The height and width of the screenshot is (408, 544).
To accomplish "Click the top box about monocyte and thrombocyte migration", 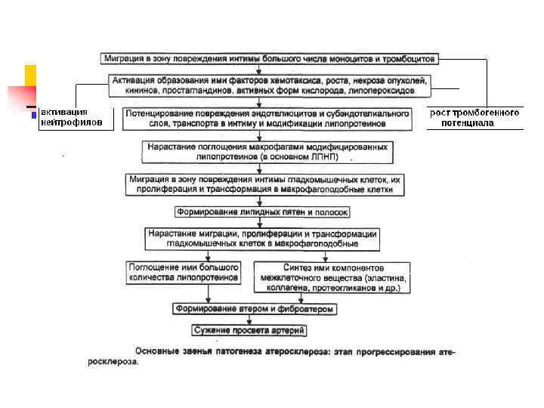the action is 269,58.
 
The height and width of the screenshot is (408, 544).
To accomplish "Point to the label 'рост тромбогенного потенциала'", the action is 474,117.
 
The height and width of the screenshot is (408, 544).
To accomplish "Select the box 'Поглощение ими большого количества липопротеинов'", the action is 184,272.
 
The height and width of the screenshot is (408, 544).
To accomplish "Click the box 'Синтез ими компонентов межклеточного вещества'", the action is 332,277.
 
